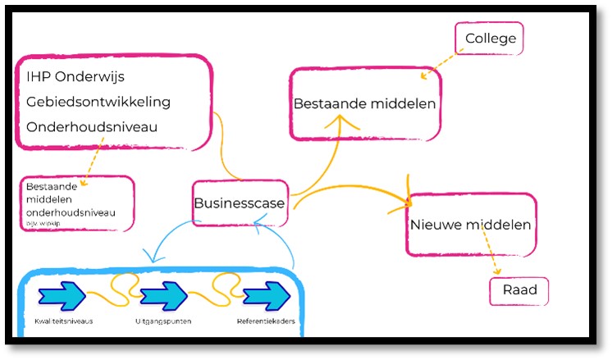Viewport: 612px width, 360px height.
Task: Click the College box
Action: point(491,39)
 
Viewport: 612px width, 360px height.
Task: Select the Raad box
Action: point(518,290)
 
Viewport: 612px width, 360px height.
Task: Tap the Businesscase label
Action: point(240,203)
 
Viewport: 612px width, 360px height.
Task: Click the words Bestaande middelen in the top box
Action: point(365,104)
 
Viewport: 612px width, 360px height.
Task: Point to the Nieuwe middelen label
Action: point(470,224)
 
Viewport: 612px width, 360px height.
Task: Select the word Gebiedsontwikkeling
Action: point(98,102)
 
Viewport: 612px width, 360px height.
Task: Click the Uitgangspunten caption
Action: point(163,321)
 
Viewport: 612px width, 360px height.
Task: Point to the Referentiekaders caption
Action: point(266,321)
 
